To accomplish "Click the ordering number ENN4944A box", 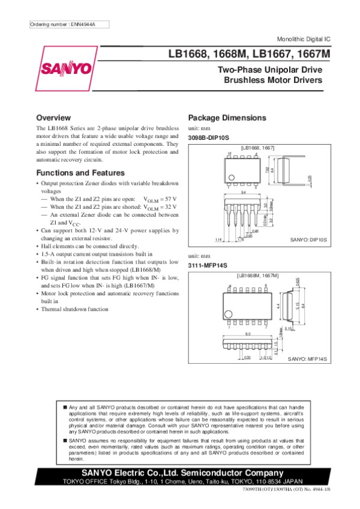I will (62, 24).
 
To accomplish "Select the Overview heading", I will (54, 117).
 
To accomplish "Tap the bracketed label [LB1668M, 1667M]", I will (258, 275).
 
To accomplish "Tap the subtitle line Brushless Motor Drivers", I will (273, 80).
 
